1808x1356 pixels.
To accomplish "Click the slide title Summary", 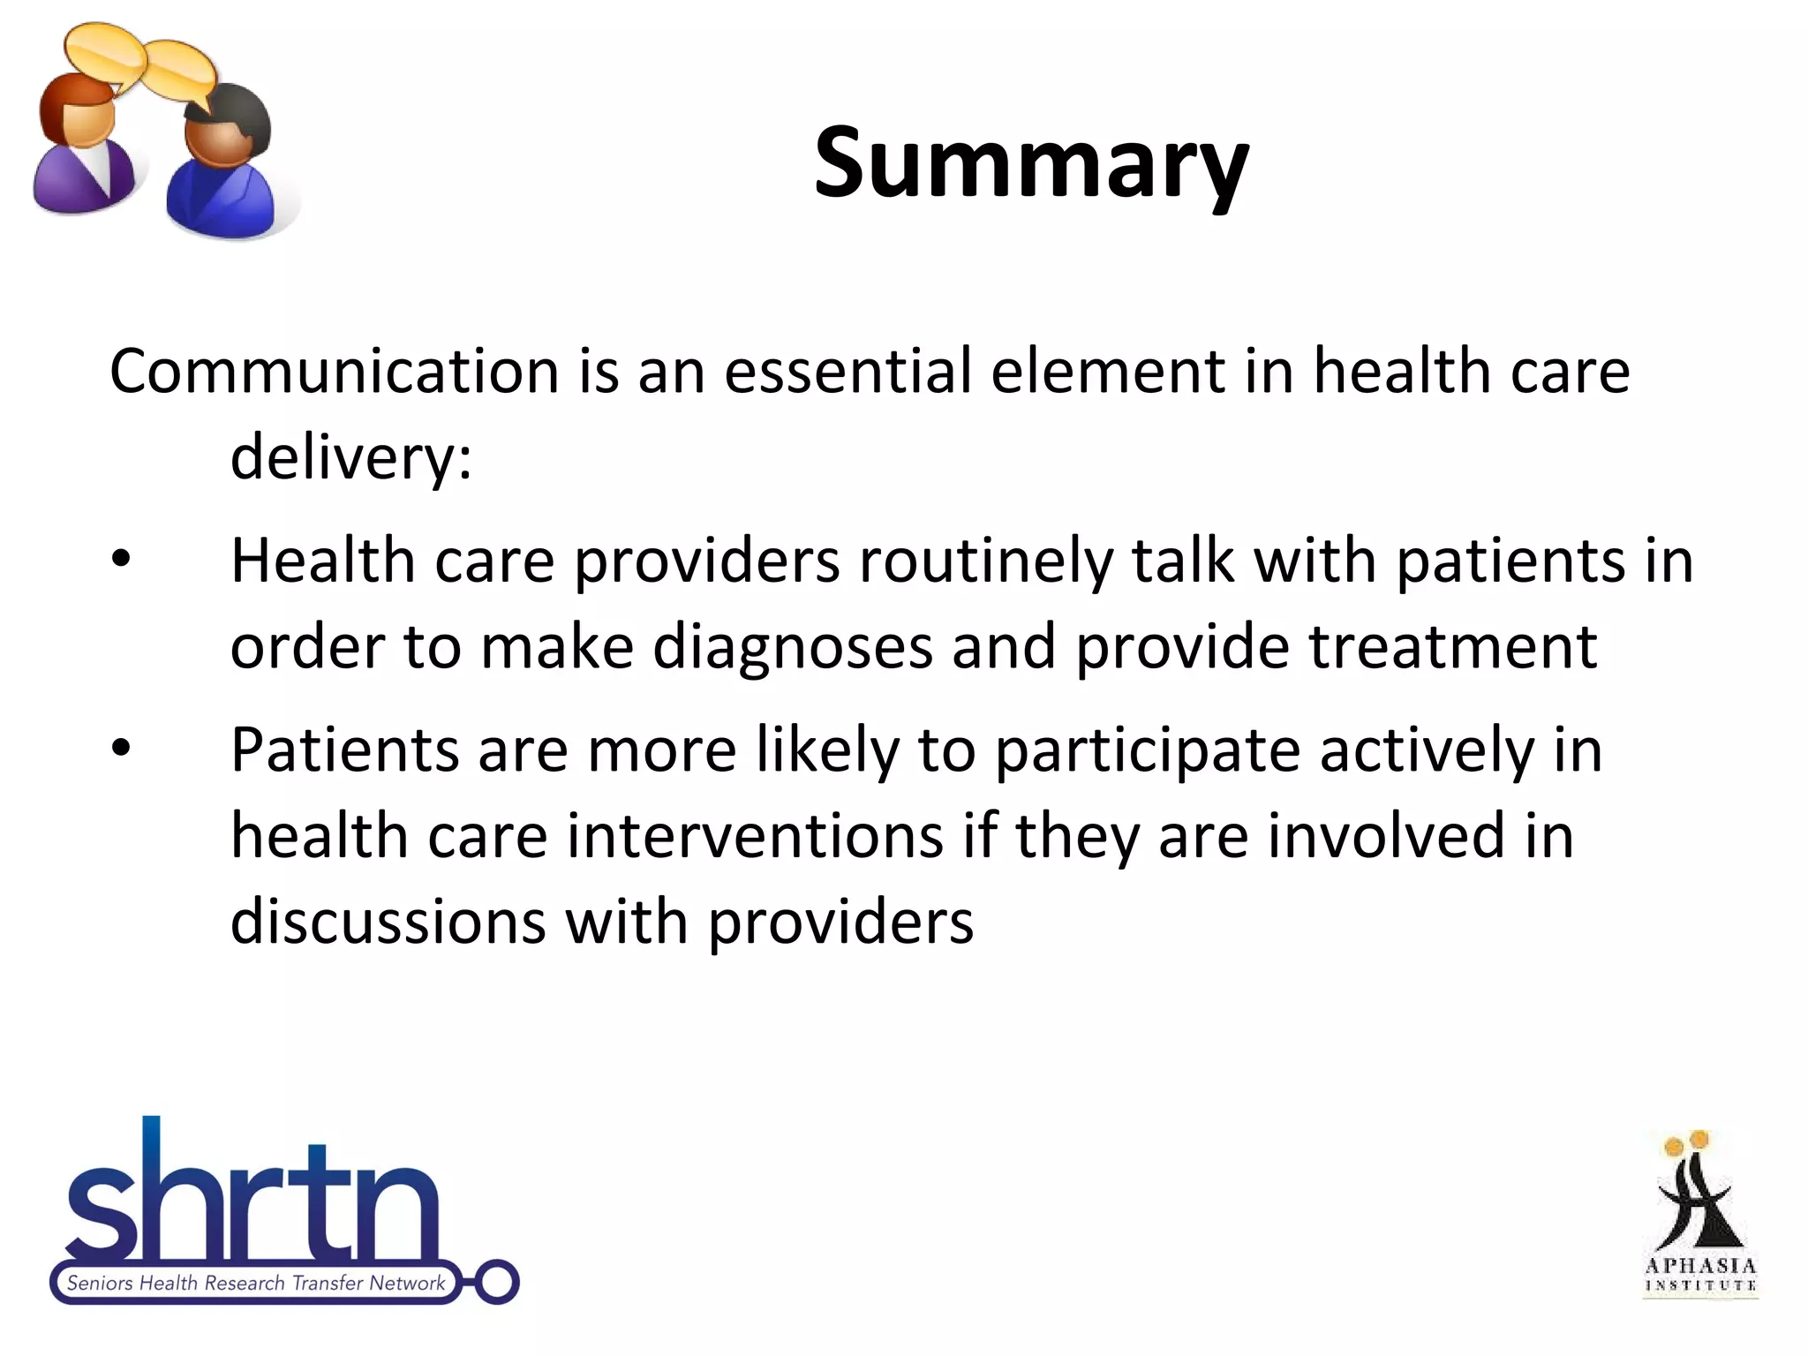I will [1030, 164].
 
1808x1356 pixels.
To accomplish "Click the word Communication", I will [334, 372].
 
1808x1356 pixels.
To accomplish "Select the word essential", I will [847, 372].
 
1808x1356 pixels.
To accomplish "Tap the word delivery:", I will [351, 458].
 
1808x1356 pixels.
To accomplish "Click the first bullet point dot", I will [121, 560].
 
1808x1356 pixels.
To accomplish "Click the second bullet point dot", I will [121, 749].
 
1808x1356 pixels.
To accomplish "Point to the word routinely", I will [985, 561].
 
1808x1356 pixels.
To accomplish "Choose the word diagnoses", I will [792, 647].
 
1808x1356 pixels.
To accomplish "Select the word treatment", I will [1452, 647].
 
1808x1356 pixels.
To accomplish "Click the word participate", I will [1147, 751].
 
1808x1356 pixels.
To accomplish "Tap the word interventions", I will [755, 836].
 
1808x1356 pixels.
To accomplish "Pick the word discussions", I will [388, 922].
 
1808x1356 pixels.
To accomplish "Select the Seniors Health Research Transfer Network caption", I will [255, 1283].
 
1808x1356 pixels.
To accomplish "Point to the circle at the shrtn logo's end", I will [498, 1281].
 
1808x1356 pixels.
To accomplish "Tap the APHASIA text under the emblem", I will [1700, 1265].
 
